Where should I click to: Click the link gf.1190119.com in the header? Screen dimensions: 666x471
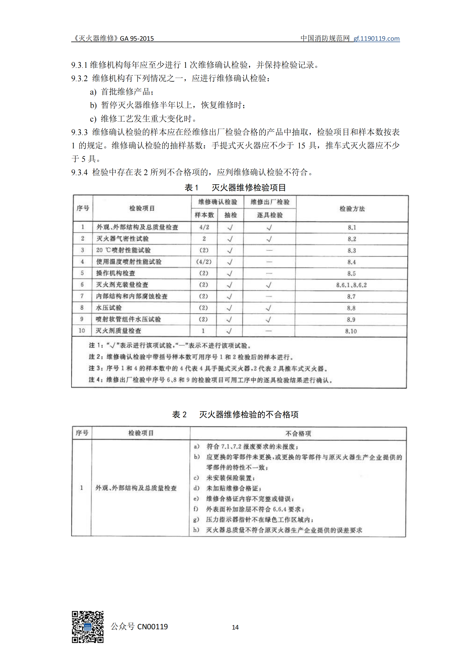[x=376, y=38]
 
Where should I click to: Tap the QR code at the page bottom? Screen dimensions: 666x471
[x=88, y=627]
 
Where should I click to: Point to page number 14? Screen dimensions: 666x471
[x=235, y=627]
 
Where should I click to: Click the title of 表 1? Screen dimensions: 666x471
[x=235, y=188]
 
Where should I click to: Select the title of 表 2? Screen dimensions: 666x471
[x=235, y=415]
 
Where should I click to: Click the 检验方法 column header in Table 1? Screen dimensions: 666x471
[x=352, y=208]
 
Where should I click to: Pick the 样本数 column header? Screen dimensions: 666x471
[x=204, y=215]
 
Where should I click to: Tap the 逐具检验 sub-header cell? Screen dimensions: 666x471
[x=270, y=215]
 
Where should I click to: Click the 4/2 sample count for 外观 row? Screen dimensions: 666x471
[x=204, y=227]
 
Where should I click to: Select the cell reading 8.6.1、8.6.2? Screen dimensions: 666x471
[x=351, y=285]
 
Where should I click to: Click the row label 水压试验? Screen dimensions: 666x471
[x=109, y=308]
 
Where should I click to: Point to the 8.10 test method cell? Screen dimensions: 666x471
[x=351, y=331]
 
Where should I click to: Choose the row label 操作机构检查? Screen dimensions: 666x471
[x=116, y=273]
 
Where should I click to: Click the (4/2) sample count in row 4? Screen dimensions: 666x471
[x=204, y=262]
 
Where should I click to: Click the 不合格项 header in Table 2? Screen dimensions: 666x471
[x=298, y=433]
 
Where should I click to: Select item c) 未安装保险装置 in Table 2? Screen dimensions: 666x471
[x=230, y=478]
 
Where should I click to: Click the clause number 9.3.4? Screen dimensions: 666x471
[x=79, y=173]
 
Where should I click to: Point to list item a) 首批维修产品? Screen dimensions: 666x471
[x=122, y=92]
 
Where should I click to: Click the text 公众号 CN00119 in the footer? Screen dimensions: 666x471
[x=139, y=626]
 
